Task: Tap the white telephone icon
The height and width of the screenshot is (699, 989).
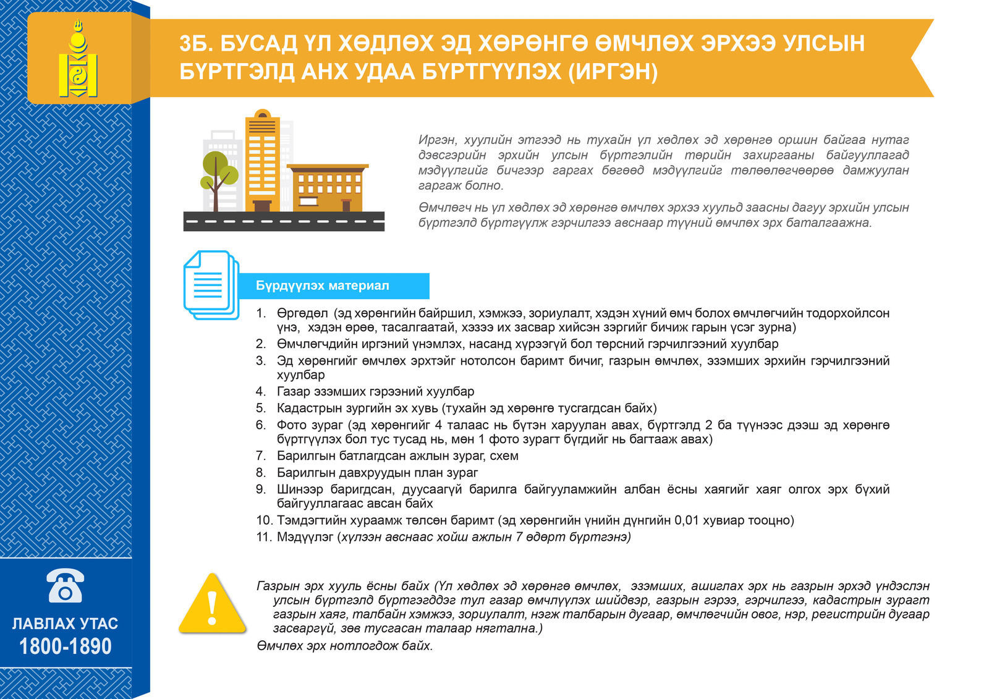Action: click(x=65, y=585)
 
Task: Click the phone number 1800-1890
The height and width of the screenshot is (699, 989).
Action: click(x=66, y=646)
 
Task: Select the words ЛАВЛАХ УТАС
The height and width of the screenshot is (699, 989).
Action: click(x=66, y=623)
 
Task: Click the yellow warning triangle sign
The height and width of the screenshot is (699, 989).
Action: click(x=211, y=605)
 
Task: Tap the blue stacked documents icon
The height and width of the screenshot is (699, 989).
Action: click(x=211, y=285)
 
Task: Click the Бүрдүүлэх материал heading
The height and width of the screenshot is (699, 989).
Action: click(x=322, y=286)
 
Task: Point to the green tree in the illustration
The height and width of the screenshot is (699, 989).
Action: click(x=218, y=170)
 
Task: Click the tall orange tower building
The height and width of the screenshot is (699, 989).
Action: click(x=262, y=161)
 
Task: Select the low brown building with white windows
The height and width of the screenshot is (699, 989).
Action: click(x=328, y=188)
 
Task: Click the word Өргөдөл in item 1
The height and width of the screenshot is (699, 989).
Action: click(x=302, y=313)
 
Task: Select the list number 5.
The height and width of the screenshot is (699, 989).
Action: click(x=261, y=408)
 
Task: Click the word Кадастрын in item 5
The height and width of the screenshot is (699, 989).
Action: click(x=307, y=408)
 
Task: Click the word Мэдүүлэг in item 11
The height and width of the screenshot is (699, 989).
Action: click(x=305, y=537)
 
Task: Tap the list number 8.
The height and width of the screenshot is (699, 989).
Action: click(x=261, y=473)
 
